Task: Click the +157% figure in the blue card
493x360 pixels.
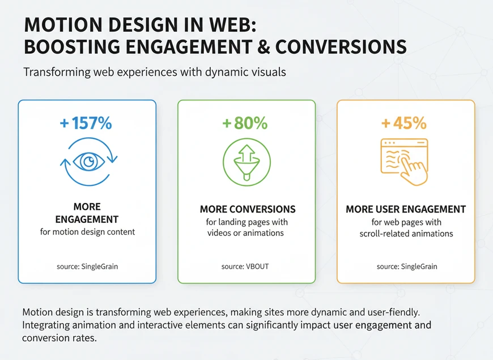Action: click(x=87, y=123)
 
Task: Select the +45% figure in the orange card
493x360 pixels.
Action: click(x=403, y=123)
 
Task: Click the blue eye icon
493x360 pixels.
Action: click(x=88, y=162)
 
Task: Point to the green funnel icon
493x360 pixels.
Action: click(x=246, y=162)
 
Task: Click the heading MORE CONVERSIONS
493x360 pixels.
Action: click(x=247, y=209)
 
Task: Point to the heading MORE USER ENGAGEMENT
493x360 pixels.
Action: click(x=406, y=209)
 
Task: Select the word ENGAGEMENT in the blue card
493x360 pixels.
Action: click(x=87, y=219)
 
